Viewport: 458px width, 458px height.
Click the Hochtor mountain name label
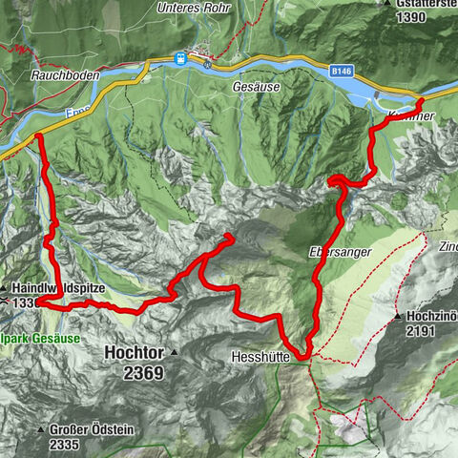click(134, 352)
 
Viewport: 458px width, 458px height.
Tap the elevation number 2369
click(144, 373)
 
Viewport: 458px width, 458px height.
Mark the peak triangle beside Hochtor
click(177, 352)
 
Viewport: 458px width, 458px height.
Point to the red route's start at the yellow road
click(39, 137)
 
